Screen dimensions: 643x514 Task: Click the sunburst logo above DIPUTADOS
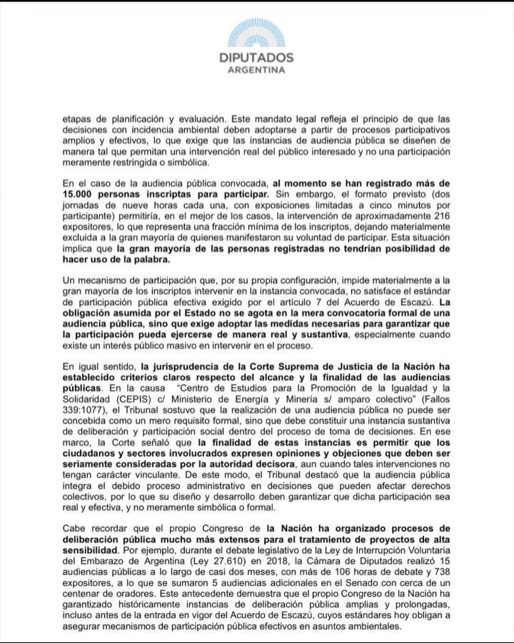(x=256, y=32)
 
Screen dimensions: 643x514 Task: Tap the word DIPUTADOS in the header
(x=256, y=58)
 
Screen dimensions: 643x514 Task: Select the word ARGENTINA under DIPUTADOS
(x=256, y=71)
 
